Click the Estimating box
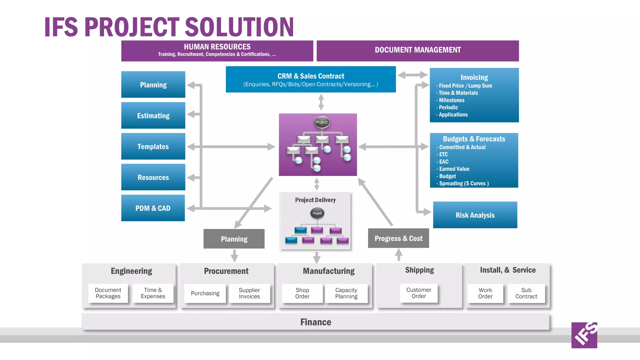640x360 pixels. pyautogui.click(x=153, y=116)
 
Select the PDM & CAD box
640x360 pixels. pyautogui.click(x=153, y=208)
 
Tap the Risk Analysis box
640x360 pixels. pyautogui.click(x=475, y=215)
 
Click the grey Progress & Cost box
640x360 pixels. pyautogui.click(x=398, y=238)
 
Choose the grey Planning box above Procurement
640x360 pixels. pyautogui.click(x=234, y=239)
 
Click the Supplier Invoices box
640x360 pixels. pyautogui.click(x=249, y=293)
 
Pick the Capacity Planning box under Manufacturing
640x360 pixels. pyautogui.click(x=346, y=293)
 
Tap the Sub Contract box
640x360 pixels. pyautogui.click(x=526, y=293)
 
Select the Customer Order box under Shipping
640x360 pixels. pyautogui.click(x=419, y=293)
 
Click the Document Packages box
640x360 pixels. pyautogui.click(x=108, y=293)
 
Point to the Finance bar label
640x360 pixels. pyautogui.click(x=316, y=322)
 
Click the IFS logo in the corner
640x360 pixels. pyautogui.click(x=584, y=335)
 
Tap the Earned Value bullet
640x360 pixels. pyautogui.click(x=454, y=169)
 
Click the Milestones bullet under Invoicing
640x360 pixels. pyautogui.click(x=452, y=100)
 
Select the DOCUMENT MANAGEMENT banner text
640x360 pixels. pyautogui.click(x=418, y=50)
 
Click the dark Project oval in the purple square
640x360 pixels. pyautogui.click(x=321, y=122)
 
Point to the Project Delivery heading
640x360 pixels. pyautogui.click(x=315, y=200)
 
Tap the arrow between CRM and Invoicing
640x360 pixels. pyautogui.click(x=412, y=75)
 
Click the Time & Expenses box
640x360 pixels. pyautogui.click(x=153, y=293)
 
